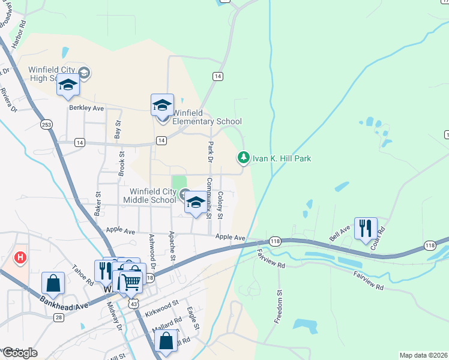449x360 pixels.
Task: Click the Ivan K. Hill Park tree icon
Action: pyautogui.click(x=243, y=157)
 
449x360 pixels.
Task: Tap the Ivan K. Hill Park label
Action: pyautogui.click(x=281, y=158)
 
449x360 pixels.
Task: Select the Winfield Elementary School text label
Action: pyautogui.click(x=206, y=117)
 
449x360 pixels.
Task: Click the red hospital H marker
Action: pyautogui.click(x=21, y=258)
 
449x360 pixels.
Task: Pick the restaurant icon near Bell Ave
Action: pyautogui.click(x=365, y=229)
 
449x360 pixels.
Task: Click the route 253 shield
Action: pyautogui.click(x=47, y=124)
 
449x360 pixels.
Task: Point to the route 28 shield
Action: pyautogui.click(x=58, y=317)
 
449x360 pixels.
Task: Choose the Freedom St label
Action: pyautogui.click(x=278, y=307)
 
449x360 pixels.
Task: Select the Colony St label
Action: pyautogui.click(x=220, y=205)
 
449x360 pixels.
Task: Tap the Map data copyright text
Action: pyautogui.click(x=423, y=355)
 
